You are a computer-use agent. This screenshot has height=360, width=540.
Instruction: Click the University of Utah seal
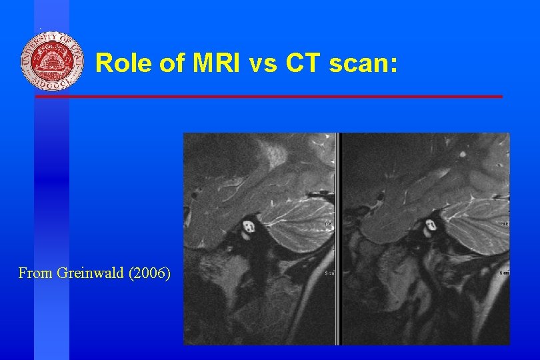[52, 61]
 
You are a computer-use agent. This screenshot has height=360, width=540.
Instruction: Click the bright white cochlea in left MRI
[251, 227]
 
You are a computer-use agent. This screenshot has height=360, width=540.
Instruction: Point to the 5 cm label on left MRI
[329, 272]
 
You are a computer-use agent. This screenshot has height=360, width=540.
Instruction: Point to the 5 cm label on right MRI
[505, 273]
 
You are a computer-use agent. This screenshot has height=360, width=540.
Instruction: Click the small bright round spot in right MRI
[463, 153]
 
